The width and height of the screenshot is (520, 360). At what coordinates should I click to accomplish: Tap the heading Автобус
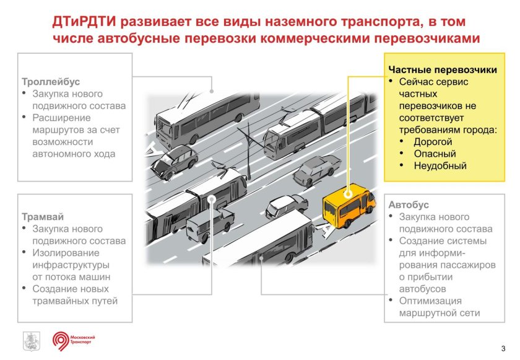point(409,204)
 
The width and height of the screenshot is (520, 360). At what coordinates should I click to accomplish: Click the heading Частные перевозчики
point(442,70)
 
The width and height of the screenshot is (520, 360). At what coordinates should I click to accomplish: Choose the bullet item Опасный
point(435,154)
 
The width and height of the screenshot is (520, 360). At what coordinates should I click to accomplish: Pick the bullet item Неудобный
point(440,165)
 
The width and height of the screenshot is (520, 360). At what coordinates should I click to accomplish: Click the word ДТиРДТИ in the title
point(84,23)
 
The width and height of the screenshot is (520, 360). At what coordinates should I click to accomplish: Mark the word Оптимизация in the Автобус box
point(430,301)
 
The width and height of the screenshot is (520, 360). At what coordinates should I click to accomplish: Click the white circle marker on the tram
point(212,200)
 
